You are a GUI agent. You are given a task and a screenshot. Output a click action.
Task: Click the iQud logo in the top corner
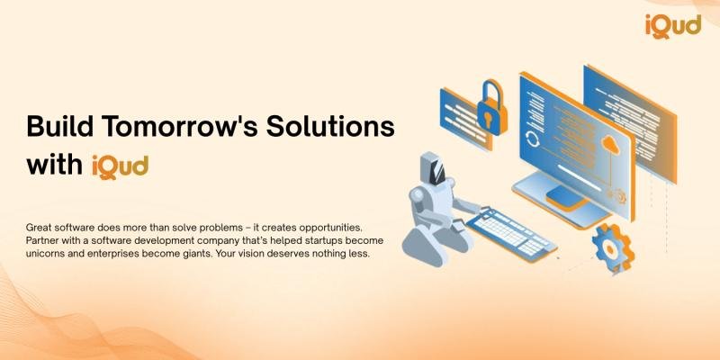(673, 26)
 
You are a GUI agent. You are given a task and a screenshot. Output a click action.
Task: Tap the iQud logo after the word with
(120, 166)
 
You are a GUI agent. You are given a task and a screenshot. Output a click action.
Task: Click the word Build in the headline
(60, 126)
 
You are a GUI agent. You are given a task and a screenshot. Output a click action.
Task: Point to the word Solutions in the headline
(330, 126)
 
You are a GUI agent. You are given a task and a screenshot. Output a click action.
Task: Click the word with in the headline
(55, 166)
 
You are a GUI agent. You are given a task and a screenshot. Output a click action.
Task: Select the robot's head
(432, 169)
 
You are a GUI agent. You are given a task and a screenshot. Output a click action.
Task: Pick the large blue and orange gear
(613, 248)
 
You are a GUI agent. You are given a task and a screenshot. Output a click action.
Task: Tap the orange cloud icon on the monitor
(611, 146)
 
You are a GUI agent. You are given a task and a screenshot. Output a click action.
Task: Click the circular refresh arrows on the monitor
(533, 139)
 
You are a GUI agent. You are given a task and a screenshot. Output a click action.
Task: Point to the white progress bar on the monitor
(579, 177)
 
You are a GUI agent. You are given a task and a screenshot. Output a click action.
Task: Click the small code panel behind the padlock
(465, 119)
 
